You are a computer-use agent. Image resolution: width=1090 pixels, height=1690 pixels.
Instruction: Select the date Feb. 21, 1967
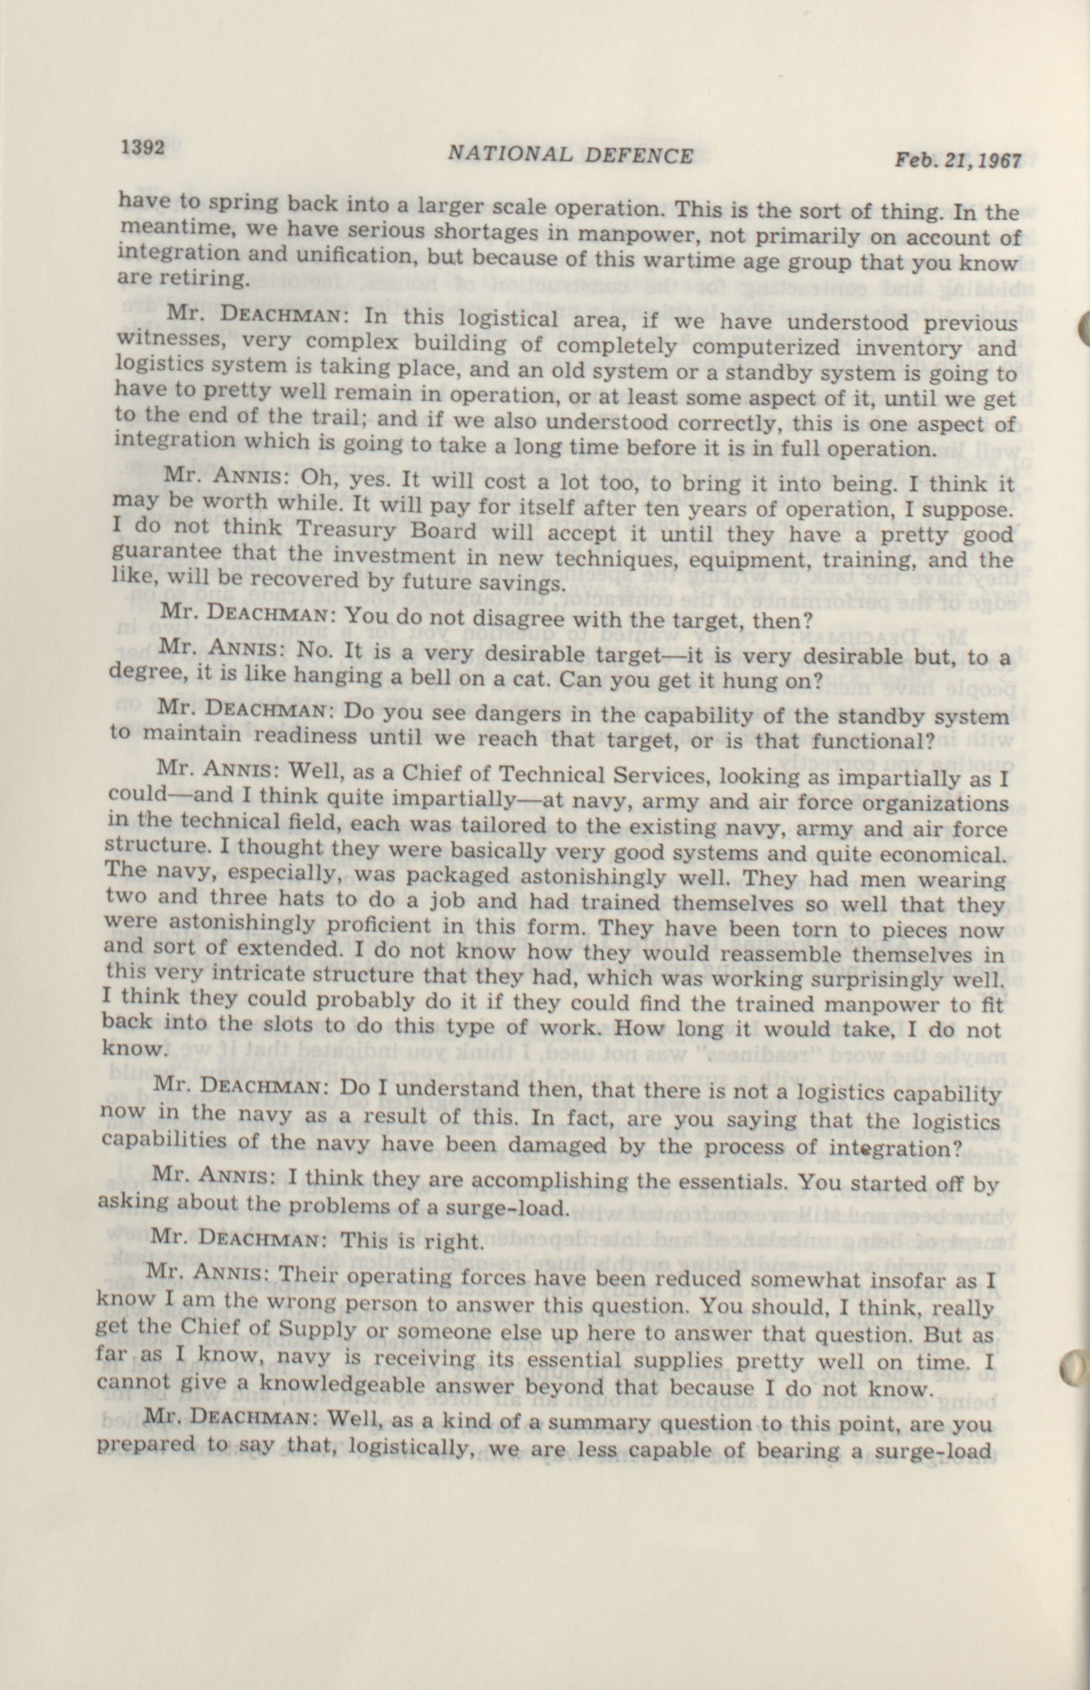click(x=958, y=161)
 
